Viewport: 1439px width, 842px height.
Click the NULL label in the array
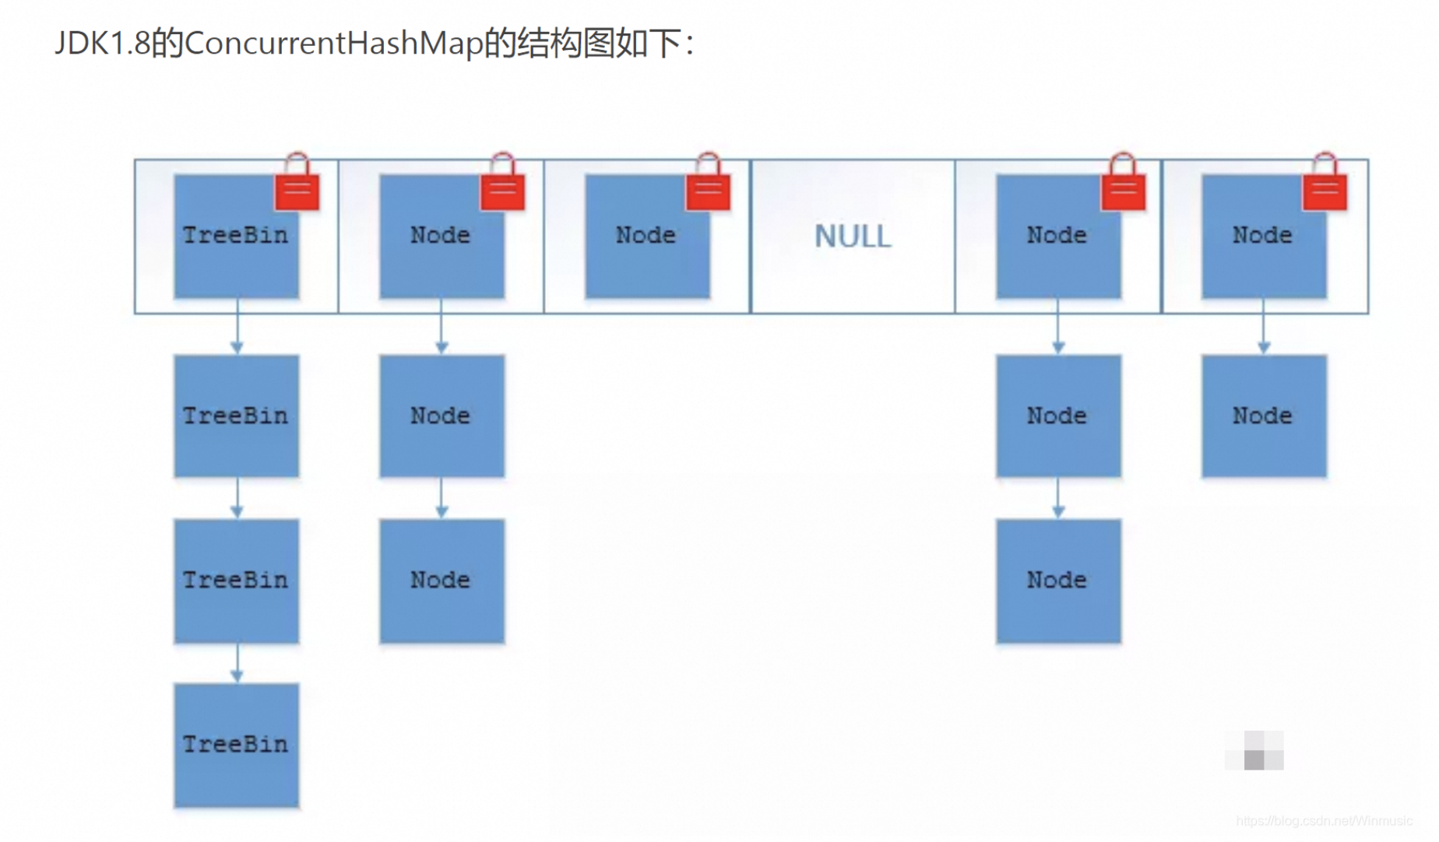coord(853,236)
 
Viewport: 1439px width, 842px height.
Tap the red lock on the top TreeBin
coord(297,188)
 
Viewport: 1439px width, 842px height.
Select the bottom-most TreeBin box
coord(236,745)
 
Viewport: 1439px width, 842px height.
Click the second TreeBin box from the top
coord(236,416)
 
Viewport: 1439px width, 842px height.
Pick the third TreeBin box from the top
coord(236,581)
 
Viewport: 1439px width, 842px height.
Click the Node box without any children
coord(646,236)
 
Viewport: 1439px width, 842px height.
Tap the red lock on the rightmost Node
coord(1325,188)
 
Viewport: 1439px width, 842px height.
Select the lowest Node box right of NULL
coord(1057,581)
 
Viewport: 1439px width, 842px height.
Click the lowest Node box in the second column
coord(442,581)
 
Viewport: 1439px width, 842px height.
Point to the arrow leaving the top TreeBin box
coord(237,327)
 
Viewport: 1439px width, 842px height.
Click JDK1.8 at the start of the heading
coord(101,43)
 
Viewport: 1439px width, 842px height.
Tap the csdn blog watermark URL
coord(1324,821)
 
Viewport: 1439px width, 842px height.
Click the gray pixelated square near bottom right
coord(1254,751)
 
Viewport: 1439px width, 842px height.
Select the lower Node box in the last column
coord(1263,416)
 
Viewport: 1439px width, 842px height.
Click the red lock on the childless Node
coord(708,188)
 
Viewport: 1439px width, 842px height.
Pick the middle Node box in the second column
coord(442,416)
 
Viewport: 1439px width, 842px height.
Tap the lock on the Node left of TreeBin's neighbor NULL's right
coord(1123,188)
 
